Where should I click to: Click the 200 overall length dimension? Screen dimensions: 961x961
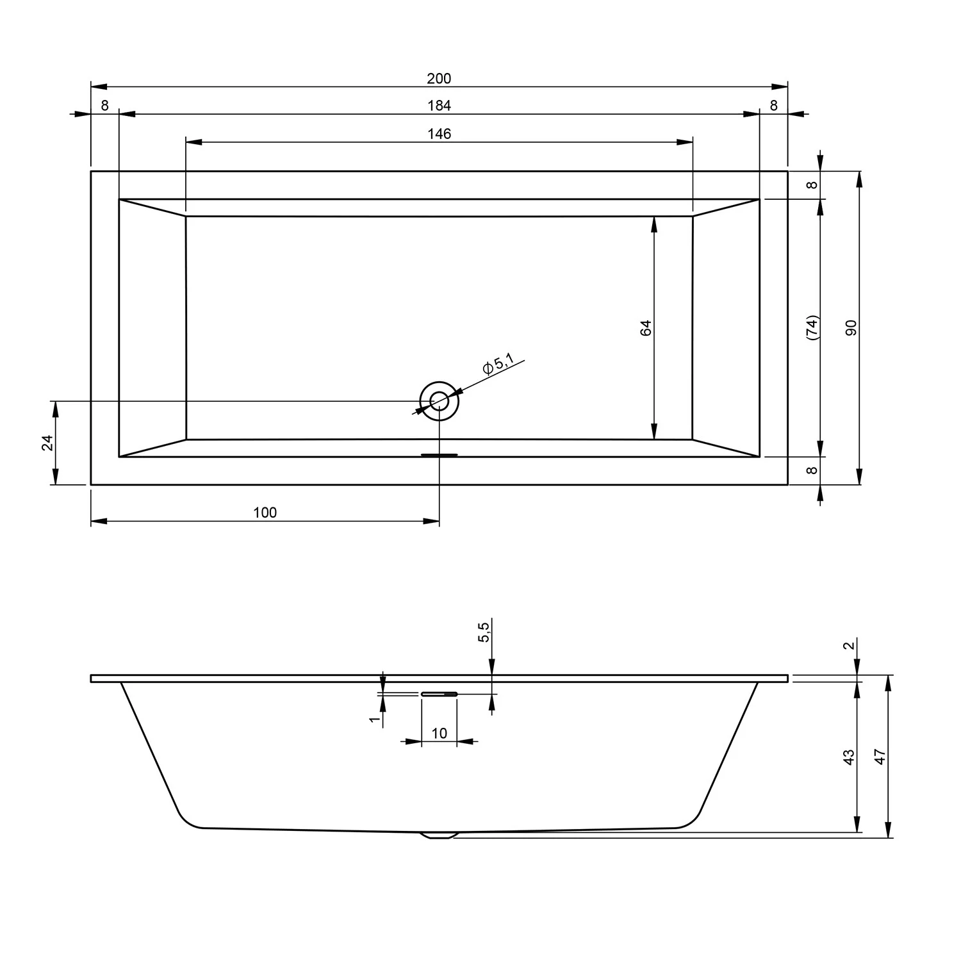[x=439, y=79]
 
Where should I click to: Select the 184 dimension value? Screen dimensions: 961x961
[x=439, y=106]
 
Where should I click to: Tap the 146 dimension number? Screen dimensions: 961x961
[x=439, y=134]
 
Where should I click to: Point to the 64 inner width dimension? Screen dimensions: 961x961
[x=646, y=327]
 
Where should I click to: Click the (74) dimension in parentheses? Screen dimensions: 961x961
[x=812, y=327]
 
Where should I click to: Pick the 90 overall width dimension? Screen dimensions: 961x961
[x=851, y=327]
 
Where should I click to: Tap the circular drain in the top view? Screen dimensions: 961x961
[x=439, y=401]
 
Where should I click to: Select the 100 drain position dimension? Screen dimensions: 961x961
[x=265, y=513]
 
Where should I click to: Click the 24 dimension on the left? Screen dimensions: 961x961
[x=47, y=443]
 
